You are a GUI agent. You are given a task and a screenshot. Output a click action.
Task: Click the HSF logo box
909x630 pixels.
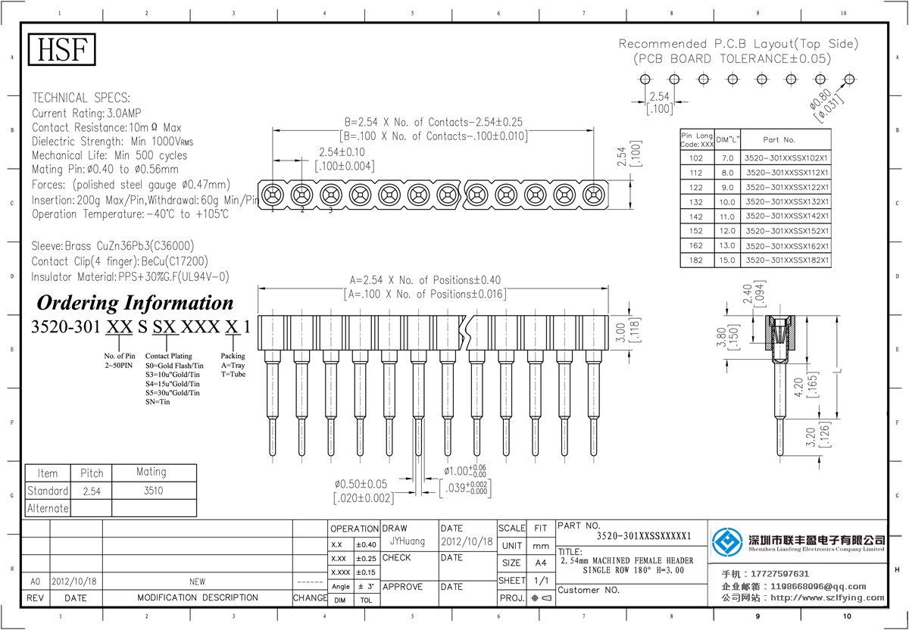pos(63,50)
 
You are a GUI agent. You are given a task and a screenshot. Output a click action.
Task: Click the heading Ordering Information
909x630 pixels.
pos(135,303)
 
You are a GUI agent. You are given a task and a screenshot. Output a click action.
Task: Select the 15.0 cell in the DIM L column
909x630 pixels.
pos(727,260)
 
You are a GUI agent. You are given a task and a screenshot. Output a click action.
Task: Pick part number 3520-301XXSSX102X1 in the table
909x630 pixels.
pos(787,158)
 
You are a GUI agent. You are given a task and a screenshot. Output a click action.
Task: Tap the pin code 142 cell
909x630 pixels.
pos(697,217)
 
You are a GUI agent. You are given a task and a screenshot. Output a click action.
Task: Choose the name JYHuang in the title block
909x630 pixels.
pos(408,542)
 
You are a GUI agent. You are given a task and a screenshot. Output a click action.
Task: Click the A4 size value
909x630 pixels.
pos(541,563)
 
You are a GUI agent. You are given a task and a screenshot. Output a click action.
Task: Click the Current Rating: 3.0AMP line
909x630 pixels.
pos(86,113)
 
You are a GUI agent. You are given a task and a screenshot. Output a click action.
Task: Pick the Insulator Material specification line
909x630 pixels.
pos(130,277)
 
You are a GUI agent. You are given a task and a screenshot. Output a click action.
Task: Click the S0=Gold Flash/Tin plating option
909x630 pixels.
pos(173,365)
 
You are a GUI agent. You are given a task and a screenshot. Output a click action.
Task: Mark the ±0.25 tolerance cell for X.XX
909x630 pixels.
pos(367,558)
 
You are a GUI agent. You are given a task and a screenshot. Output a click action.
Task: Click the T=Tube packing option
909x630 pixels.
pos(233,374)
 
